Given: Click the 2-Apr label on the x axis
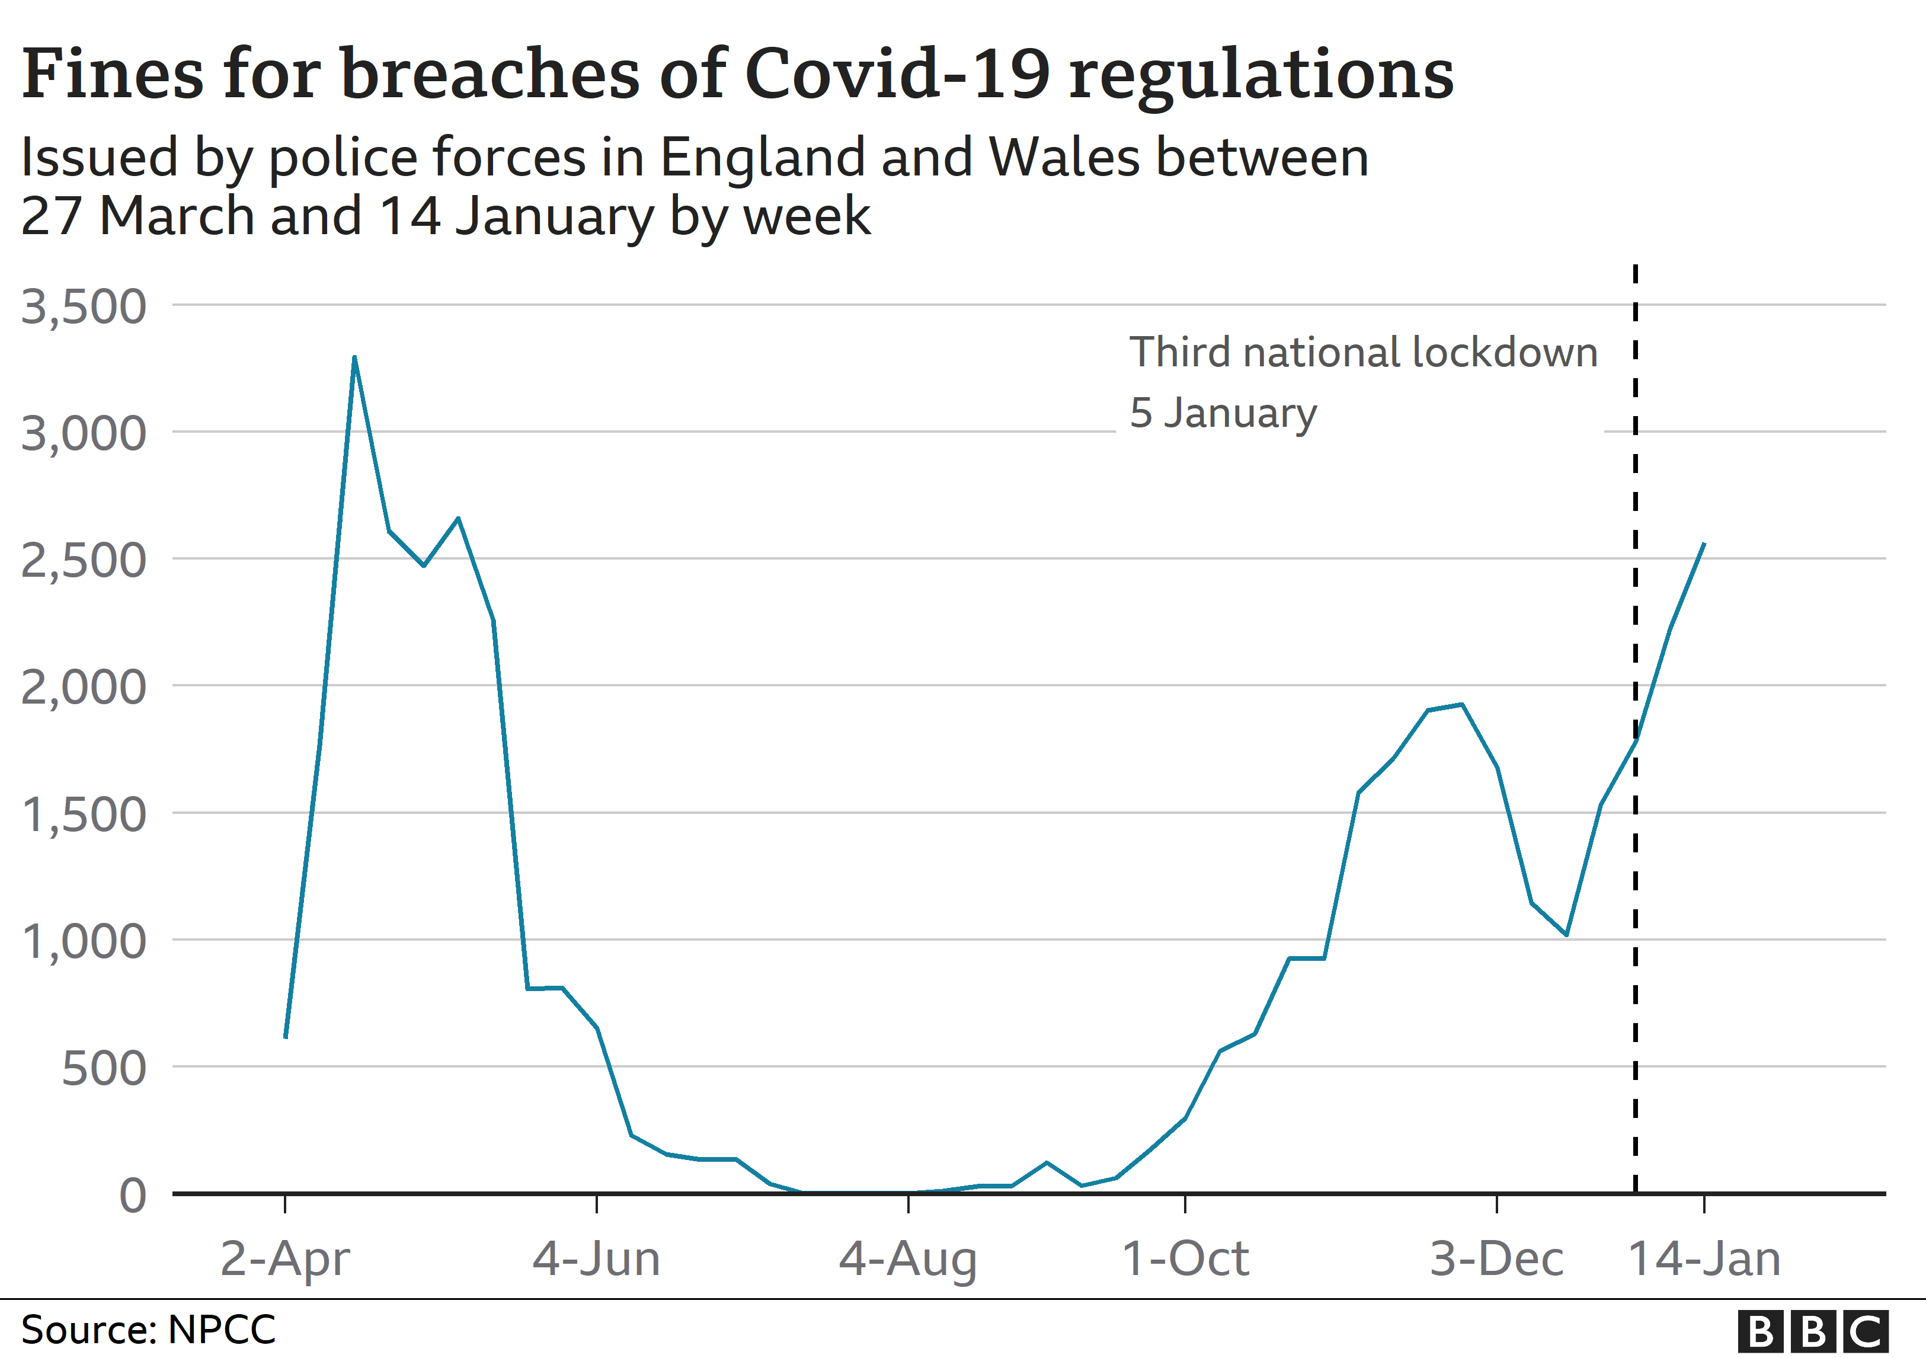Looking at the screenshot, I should click(x=285, y=1259).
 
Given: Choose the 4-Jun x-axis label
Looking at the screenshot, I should click(x=596, y=1259).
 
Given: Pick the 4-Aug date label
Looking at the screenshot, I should click(x=908, y=1259).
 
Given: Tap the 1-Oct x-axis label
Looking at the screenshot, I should click(x=1185, y=1259).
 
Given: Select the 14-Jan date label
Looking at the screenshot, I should click(x=1704, y=1259).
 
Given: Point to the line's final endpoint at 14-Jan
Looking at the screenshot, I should click(x=1704, y=544).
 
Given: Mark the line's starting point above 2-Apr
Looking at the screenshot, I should click(x=286, y=1037).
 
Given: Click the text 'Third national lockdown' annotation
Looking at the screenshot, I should click(x=1363, y=352).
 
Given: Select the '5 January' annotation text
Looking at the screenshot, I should click(x=1223, y=413).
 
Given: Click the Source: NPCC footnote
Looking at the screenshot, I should click(x=148, y=1330).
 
